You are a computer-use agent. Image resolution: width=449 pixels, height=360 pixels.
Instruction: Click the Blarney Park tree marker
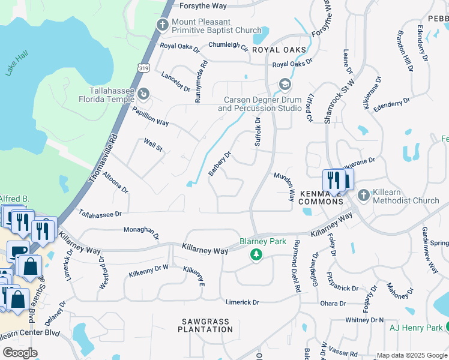256,255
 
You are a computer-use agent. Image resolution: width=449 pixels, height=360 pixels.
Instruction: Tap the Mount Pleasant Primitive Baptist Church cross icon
161,25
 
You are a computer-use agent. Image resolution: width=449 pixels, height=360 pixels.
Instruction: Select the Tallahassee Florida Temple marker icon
143,94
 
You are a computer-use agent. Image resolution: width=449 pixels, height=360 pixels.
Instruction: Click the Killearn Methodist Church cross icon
363,196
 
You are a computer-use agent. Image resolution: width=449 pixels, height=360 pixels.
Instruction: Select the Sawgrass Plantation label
205,325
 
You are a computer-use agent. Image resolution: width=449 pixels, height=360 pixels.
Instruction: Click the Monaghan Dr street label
141,232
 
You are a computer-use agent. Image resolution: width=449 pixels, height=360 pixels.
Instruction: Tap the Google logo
20,353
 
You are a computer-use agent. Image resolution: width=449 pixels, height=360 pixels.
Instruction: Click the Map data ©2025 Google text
412,355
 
